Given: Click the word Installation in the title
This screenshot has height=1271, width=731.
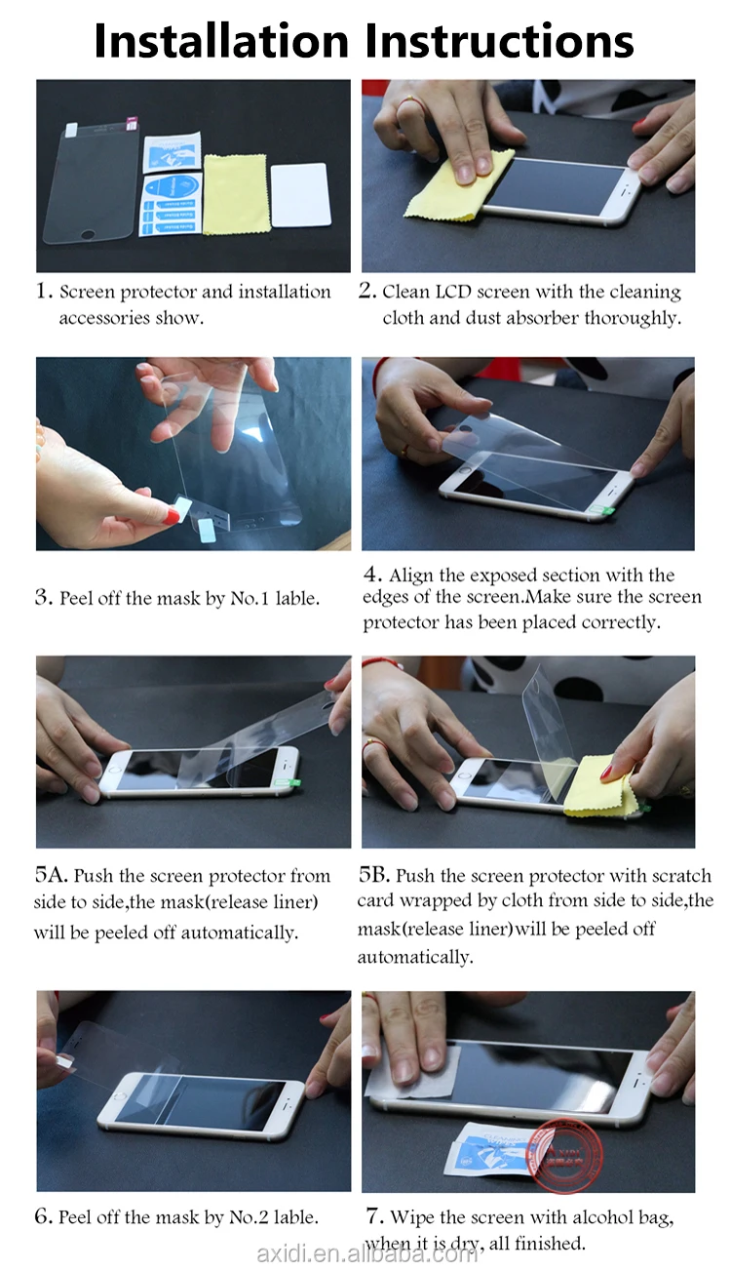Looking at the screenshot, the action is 222,41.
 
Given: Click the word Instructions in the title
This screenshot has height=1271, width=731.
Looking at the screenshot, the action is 499,41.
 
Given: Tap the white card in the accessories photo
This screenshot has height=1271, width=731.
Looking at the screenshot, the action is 300,195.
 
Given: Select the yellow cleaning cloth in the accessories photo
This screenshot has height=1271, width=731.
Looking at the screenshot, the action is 235,193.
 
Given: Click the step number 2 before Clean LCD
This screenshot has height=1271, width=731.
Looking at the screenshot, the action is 366,290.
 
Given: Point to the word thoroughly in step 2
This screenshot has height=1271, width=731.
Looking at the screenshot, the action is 633,318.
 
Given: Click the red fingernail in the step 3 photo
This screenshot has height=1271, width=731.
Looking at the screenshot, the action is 172,516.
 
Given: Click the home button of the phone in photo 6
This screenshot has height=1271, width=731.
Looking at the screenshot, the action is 120,1096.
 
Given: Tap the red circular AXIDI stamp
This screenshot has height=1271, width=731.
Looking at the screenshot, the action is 564,1155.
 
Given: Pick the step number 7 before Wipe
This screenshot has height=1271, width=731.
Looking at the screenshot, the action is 372,1215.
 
